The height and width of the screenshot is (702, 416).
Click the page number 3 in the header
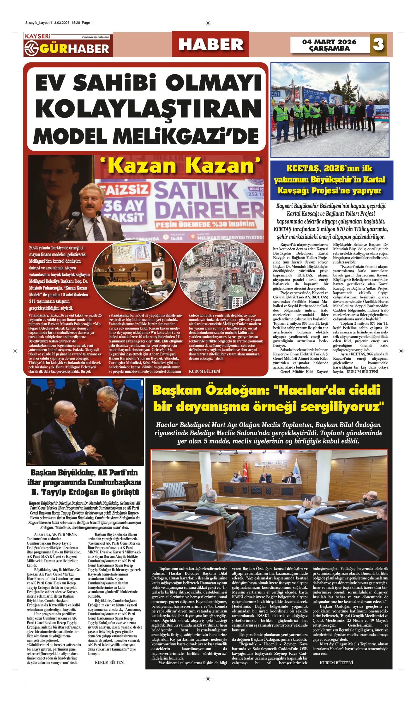(378, 45)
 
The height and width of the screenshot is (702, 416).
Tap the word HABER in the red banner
(211, 45)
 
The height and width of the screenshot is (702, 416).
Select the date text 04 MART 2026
(329, 42)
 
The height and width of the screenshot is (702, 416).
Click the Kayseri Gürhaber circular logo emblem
(31, 49)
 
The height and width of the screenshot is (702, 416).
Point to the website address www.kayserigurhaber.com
(95, 37)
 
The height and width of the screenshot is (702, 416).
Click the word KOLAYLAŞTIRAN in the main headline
(148, 109)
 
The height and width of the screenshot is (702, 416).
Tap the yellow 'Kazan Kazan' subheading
(181, 166)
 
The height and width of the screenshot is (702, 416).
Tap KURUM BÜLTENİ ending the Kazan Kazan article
(204, 371)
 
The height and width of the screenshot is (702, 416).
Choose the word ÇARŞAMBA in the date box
(329, 49)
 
